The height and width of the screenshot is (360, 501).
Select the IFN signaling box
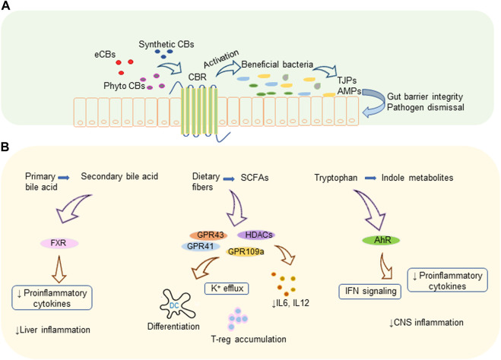tap(363, 289)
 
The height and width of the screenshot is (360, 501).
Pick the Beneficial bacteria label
tap(278, 65)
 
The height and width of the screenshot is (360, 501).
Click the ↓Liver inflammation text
tap(53, 330)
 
